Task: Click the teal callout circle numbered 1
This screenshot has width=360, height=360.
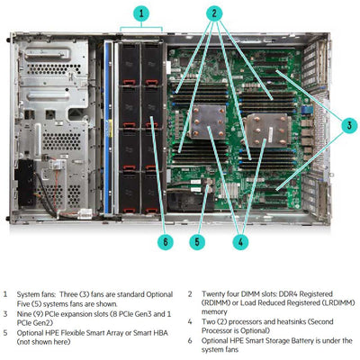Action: point(140,13)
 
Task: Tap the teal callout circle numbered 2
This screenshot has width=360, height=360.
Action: point(214,13)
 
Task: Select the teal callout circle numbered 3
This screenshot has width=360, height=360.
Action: point(348,126)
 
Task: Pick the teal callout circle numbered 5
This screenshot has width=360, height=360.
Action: point(195,240)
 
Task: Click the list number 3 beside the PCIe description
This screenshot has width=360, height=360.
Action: point(5,311)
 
